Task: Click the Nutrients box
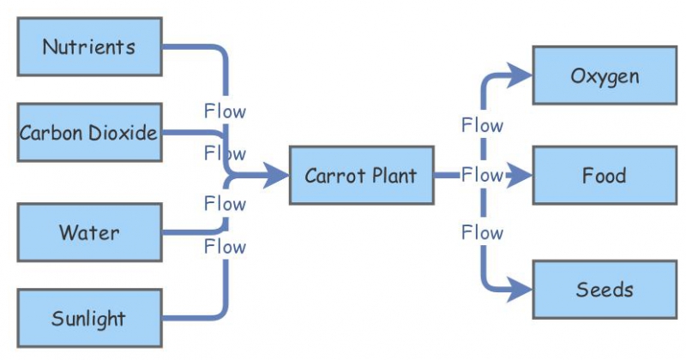(x=89, y=46)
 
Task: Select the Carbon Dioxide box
(x=89, y=133)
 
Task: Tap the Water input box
(x=89, y=232)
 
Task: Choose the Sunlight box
(x=89, y=319)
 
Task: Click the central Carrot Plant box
(x=361, y=176)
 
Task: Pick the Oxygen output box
(x=605, y=75)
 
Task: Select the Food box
(x=605, y=176)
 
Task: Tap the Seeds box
(x=605, y=289)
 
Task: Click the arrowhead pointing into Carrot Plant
(x=276, y=176)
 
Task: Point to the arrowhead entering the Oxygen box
(x=521, y=75)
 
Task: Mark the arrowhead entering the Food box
(x=521, y=176)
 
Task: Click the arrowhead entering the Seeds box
(x=521, y=290)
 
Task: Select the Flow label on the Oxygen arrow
(x=482, y=125)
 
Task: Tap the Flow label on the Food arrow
(x=482, y=175)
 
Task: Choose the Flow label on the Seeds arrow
(x=482, y=232)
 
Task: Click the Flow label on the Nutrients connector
(x=225, y=111)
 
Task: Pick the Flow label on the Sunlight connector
(x=225, y=247)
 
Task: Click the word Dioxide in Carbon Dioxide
(x=123, y=133)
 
